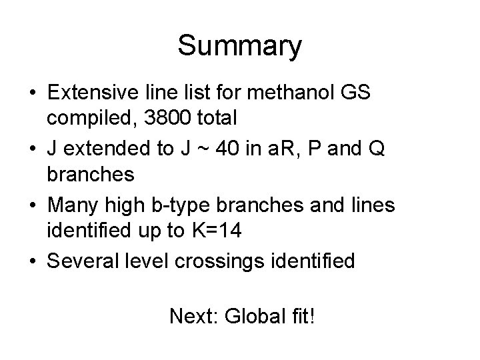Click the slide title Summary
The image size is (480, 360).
tap(239, 47)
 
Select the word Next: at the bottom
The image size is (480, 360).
tap(193, 315)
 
